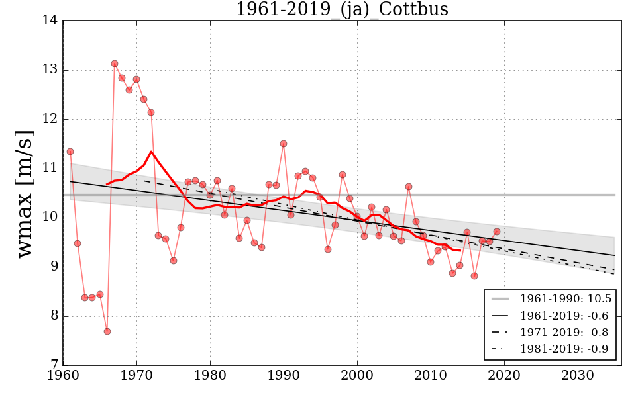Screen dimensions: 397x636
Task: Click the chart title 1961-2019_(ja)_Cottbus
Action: pyautogui.click(x=342, y=9)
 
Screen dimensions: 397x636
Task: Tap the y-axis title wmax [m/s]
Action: pyautogui.click(x=25, y=193)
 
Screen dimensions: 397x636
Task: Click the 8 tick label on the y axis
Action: pyautogui.click(x=54, y=316)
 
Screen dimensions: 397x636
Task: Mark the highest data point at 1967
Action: pyautogui.click(x=115, y=64)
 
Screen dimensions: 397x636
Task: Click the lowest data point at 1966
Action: pyautogui.click(x=107, y=331)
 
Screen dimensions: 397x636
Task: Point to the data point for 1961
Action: pyautogui.click(x=70, y=152)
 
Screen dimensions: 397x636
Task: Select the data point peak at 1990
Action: pyautogui.click(x=284, y=144)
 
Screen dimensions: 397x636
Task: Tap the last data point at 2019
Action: pyautogui.click(x=497, y=232)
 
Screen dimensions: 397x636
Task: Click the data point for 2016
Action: pyautogui.click(x=474, y=276)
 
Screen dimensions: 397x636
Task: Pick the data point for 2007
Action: pyautogui.click(x=409, y=187)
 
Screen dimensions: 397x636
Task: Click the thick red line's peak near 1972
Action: pyautogui.click(x=151, y=152)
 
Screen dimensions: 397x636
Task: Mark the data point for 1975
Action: pyautogui.click(x=174, y=261)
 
